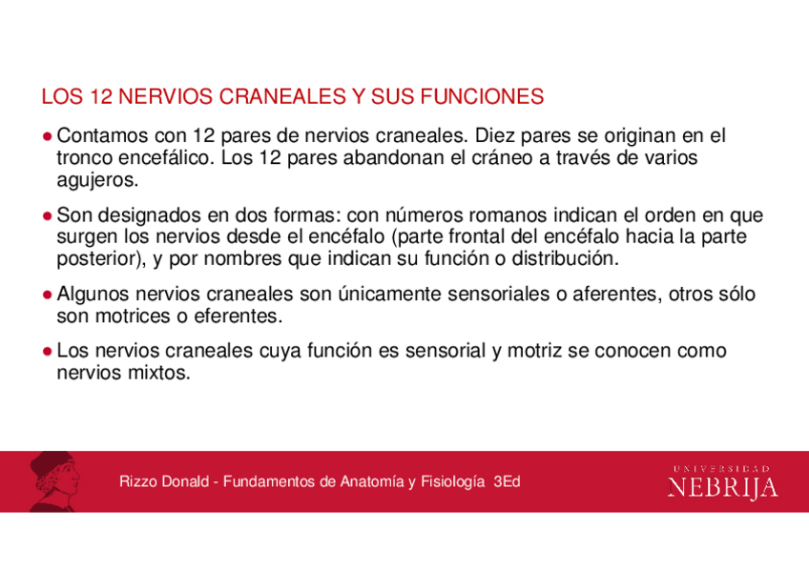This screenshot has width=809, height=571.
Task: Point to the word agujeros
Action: (x=97, y=179)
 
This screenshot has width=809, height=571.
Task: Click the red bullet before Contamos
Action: (x=47, y=137)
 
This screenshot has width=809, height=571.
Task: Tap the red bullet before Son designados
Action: (x=47, y=215)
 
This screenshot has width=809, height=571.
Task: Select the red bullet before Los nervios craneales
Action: (x=47, y=352)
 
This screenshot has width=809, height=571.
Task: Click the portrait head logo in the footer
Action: (x=53, y=482)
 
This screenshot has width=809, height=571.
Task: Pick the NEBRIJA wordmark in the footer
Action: (x=722, y=488)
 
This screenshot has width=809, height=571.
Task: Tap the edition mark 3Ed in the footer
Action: (x=507, y=482)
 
